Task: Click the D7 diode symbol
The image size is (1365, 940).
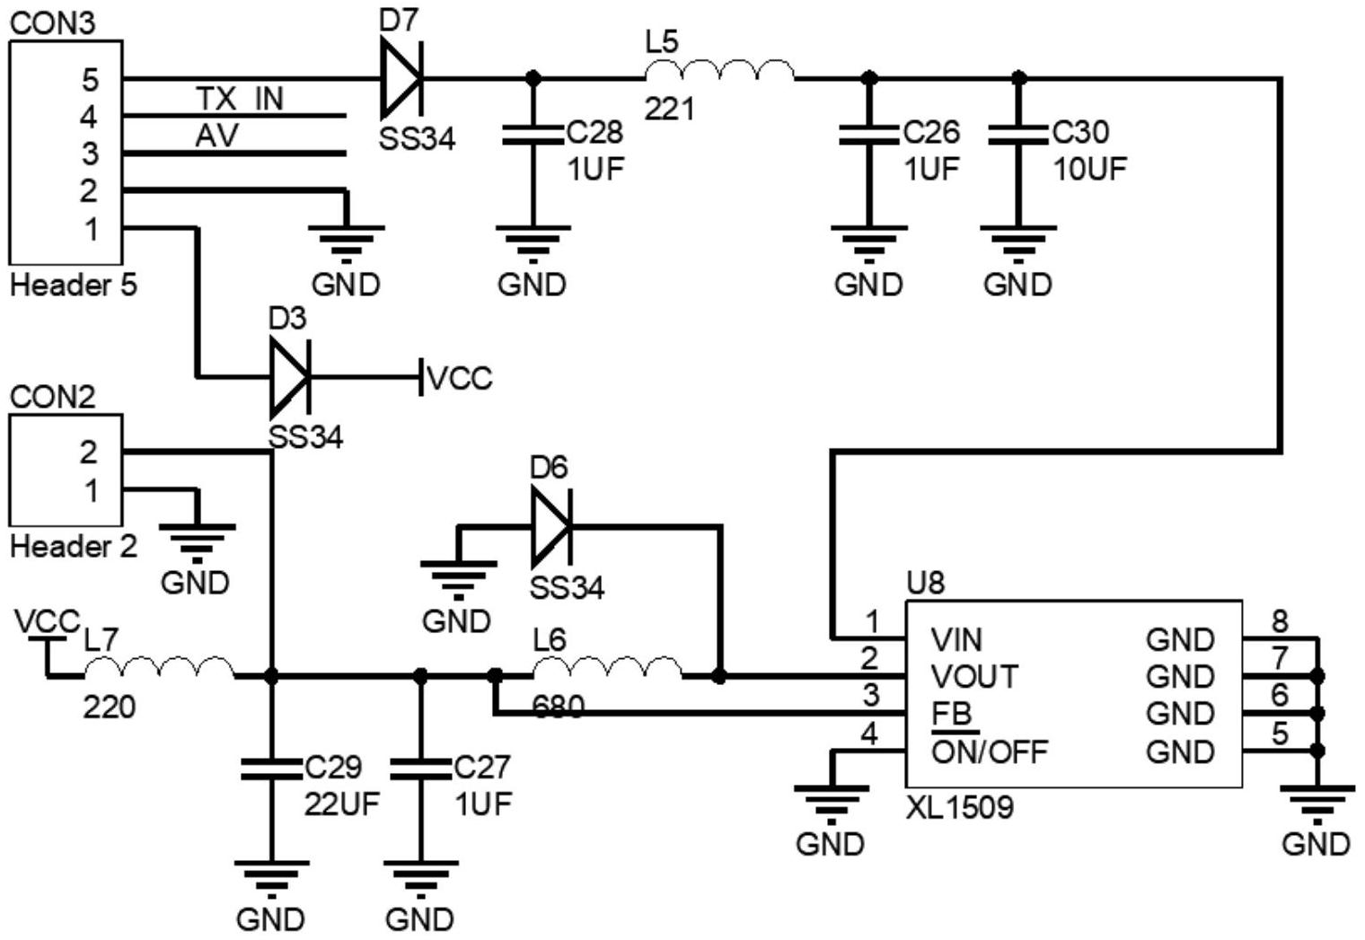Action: point(401,78)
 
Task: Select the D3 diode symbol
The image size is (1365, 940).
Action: point(290,378)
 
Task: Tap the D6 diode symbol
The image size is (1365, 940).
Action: point(550,526)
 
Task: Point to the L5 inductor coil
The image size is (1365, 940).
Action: point(719,71)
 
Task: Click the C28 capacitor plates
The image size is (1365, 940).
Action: point(533,136)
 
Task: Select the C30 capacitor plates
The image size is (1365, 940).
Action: point(1018,136)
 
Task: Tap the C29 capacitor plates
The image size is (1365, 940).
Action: point(271,769)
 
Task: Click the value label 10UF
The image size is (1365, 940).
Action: point(1090,170)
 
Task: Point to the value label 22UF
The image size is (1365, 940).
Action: point(342,804)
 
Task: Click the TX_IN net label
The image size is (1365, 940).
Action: point(240,99)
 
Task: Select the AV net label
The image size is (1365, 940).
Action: point(217,136)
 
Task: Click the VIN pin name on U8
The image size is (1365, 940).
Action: point(956,639)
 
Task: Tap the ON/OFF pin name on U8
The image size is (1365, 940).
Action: point(990,752)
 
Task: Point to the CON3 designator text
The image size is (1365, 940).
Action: point(53,23)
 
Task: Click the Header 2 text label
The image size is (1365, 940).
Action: point(74,546)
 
